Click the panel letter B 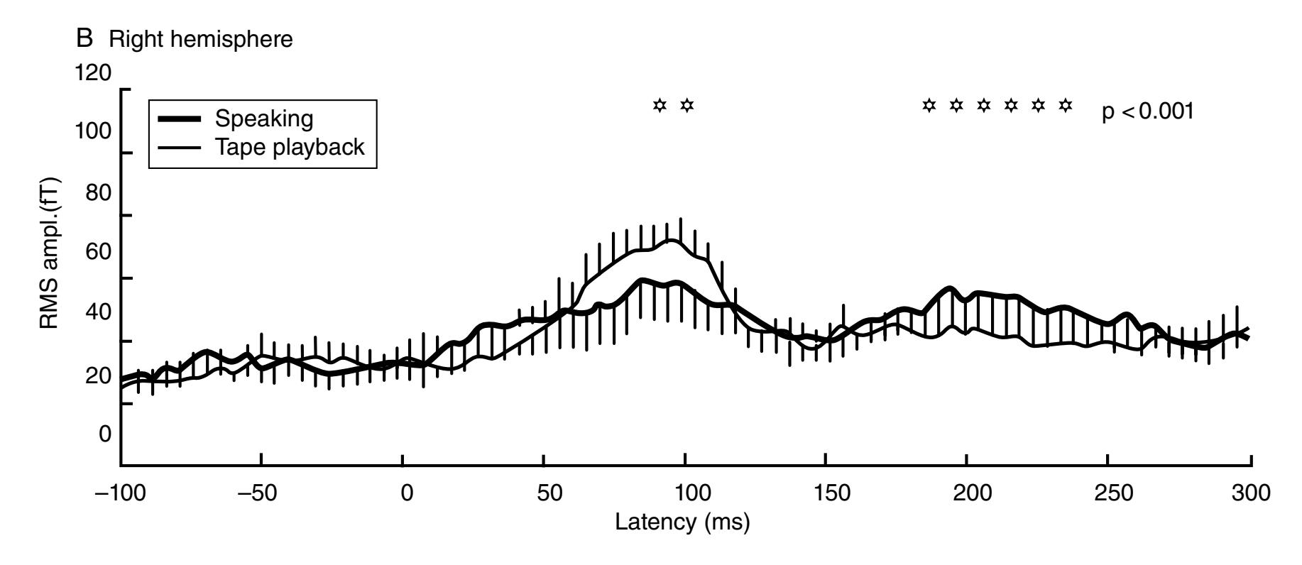tap(85, 39)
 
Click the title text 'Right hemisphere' tap(200, 40)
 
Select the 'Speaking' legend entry tap(264, 119)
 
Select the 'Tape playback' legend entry tap(289, 147)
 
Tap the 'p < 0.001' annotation tap(1147, 112)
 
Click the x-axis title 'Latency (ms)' tap(682, 522)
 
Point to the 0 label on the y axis tap(105, 434)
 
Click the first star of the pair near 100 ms tap(660, 106)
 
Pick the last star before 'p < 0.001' tap(1065, 106)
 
